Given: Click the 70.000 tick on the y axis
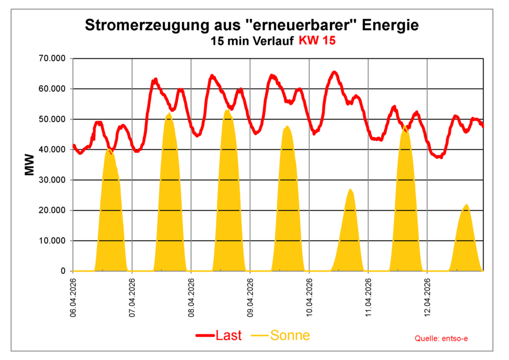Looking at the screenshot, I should click(x=52, y=59).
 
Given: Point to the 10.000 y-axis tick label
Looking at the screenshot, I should click(x=52, y=241).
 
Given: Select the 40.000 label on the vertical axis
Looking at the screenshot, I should click(x=52, y=150).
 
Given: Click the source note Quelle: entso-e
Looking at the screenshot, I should click(x=441, y=338).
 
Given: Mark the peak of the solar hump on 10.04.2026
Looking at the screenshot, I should click(x=350, y=189).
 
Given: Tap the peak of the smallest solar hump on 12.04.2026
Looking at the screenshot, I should click(x=466, y=205).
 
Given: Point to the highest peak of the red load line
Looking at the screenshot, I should click(x=334, y=72).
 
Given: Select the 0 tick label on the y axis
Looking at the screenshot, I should click(x=63, y=271).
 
